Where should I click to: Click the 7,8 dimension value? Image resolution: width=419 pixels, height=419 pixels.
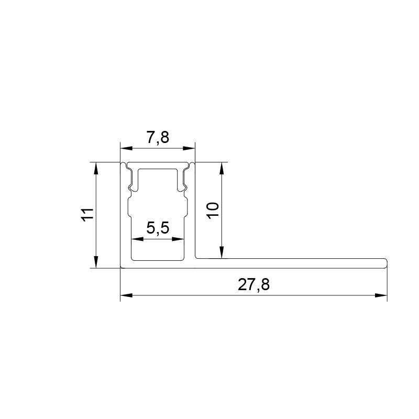[x=158, y=137]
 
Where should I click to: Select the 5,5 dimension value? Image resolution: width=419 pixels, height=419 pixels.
[x=158, y=228]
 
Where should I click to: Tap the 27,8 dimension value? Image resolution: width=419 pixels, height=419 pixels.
[x=253, y=284]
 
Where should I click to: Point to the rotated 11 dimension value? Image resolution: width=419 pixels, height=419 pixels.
[x=87, y=215]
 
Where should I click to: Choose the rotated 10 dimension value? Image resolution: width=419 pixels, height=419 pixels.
[x=213, y=211]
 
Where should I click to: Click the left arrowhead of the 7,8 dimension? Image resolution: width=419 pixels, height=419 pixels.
[x=126, y=148]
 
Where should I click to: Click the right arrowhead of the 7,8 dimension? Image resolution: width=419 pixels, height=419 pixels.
[x=189, y=148]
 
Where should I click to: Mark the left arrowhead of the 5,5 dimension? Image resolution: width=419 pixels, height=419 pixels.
[x=137, y=239]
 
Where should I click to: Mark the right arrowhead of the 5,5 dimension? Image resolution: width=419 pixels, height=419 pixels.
[x=178, y=239]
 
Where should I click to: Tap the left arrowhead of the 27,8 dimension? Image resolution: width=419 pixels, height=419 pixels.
[x=126, y=295]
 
